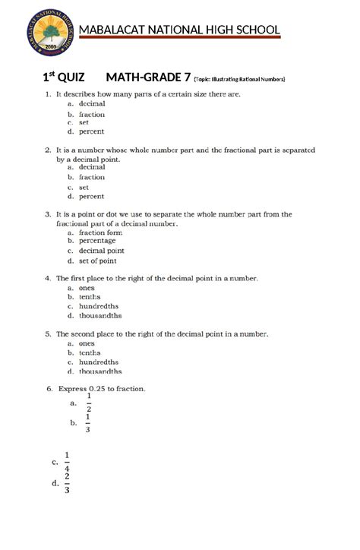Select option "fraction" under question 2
(92, 177)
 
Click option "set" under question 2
(84, 186)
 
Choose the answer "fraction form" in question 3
(99, 233)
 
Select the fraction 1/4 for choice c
(68, 461)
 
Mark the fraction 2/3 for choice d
(68, 482)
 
